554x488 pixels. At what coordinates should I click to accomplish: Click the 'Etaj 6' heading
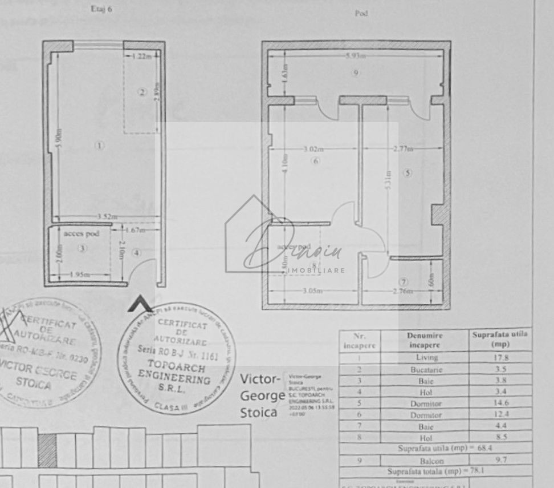(101, 9)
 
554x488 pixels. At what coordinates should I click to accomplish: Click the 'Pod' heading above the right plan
(361, 13)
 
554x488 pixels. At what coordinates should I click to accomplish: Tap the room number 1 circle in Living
(100, 146)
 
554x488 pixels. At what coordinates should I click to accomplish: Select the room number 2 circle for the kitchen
(142, 92)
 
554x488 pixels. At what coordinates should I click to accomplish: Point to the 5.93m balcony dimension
(355, 56)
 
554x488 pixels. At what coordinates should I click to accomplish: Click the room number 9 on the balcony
(356, 72)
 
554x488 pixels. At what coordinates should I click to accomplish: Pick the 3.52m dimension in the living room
(107, 216)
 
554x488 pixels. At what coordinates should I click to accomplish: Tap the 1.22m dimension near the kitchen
(142, 56)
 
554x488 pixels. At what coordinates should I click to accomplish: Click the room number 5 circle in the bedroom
(407, 172)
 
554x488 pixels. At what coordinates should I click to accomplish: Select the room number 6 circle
(316, 161)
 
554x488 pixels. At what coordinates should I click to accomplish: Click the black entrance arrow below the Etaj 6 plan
(140, 304)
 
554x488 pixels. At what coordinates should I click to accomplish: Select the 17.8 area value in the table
(500, 358)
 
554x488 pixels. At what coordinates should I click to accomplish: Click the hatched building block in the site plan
(47, 450)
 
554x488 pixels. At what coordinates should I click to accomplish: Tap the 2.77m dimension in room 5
(402, 149)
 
